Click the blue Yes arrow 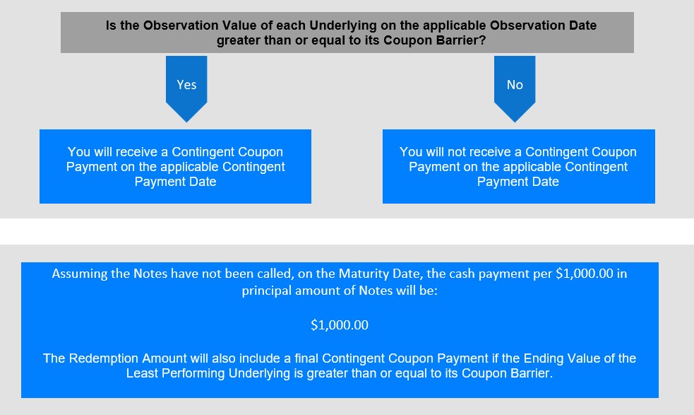click(x=186, y=88)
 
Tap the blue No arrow click(x=515, y=88)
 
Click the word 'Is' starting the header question click(x=111, y=25)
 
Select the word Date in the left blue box click(x=203, y=182)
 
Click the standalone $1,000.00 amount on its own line click(x=340, y=325)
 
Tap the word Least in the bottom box click(x=142, y=373)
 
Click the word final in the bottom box click(x=306, y=358)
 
